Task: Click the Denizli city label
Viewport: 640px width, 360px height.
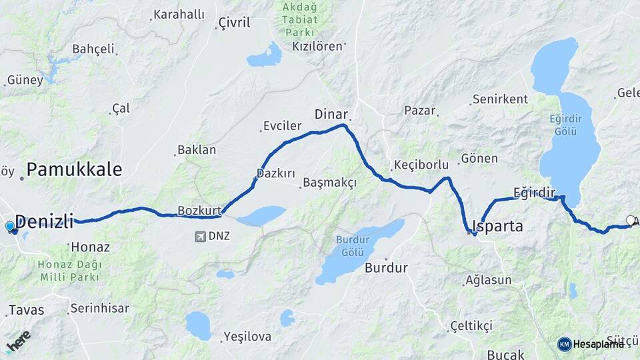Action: coord(44,222)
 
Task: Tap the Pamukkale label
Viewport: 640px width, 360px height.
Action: coord(74,169)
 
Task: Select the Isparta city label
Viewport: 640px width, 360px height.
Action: coord(497,226)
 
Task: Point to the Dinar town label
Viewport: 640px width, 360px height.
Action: coord(331,113)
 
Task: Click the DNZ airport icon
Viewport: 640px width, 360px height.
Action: coord(200,236)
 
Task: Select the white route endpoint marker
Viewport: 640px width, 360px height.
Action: coord(631,220)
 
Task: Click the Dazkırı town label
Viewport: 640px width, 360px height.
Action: coord(275,173)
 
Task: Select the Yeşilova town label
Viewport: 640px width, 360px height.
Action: coord(247,337)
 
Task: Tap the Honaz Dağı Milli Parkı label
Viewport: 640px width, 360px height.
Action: coord(69,271)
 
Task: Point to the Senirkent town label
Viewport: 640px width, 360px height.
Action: coord(500,99)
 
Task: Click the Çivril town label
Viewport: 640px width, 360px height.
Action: coord(234,23)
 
